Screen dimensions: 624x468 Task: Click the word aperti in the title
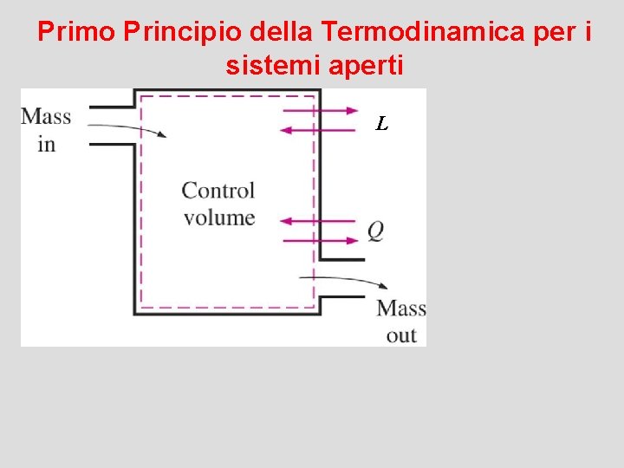point(367,64)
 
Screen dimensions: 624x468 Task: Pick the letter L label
point(381,124)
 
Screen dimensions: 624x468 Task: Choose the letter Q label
point(375,231)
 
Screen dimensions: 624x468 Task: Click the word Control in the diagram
point(218,191)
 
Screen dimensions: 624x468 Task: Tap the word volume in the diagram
point(219,217)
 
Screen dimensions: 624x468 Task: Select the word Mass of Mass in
point(46,117)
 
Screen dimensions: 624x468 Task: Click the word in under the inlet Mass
point(46,144)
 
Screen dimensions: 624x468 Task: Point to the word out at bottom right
point(401,335)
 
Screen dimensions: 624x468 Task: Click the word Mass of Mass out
point(401,309)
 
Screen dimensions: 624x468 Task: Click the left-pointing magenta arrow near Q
point(319,221)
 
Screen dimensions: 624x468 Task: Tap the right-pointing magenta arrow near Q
point(319,241)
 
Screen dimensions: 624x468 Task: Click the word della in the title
point(283,32)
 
